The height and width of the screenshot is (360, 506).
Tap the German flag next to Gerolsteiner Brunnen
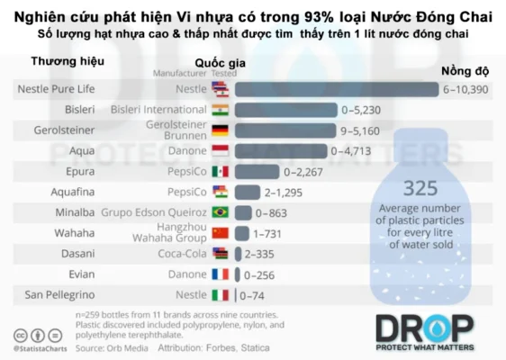(220, 130)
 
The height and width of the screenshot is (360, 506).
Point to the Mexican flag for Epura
(220, 171)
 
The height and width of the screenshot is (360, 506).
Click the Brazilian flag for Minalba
(220, 212)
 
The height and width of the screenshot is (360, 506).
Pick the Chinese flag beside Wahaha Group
(220, 233)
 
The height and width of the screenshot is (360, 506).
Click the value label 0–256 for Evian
(261, 274)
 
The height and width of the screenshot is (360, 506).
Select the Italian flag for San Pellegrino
(220, 295)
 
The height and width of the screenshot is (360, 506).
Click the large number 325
(420, 190)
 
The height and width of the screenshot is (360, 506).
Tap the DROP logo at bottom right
(424, 331)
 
